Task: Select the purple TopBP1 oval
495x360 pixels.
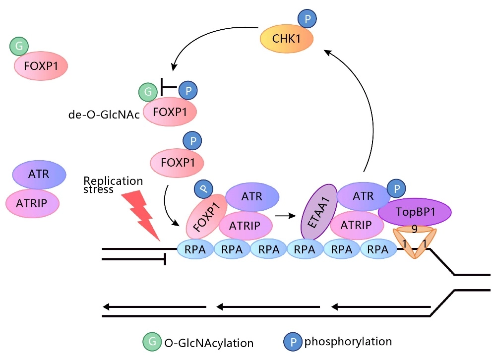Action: pyautogui.click(x=415, y=212)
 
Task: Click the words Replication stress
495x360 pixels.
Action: pyautogui.click(x=113, y=184)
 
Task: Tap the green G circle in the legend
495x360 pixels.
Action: pyautogui.click(x=150, y=342)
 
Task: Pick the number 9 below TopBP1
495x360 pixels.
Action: pyautogui.click(x=414, y=230)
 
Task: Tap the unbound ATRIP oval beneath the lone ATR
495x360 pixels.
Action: pyautogui.click(x=32, y=202)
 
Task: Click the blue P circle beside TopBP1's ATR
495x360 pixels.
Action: pyautogui.click(x=396, y=188)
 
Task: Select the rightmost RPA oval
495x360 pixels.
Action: pyautogui.click(x=378, y=249)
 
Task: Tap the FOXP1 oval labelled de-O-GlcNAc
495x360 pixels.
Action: pyautogui.click(x=170, y=112)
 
